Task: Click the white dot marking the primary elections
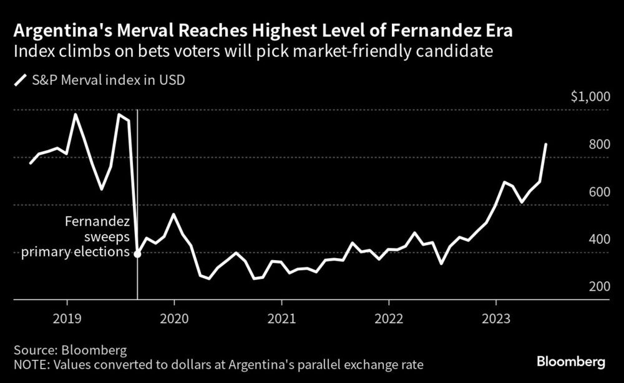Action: [x=137, y=254]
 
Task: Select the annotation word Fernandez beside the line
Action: [x=98, y=222]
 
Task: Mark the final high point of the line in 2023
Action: [x=546, y=144]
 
